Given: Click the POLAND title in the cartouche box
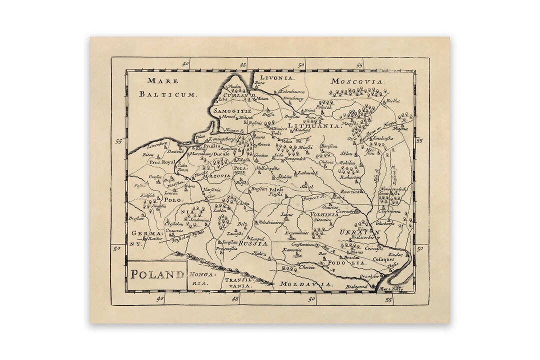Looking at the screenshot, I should pyautogui.click(x=156, y=274).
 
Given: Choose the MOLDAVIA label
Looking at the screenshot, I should pyautogui.click(x=306, y=284).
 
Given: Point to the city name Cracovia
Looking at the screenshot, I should pyautogui.click(x=174, y=230).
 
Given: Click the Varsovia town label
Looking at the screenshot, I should pyautogui.click(x=212, y=190).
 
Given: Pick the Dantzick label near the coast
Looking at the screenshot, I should pyautogui.click(x=176, y=150).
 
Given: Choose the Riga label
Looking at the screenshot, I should pyautogui.click(x=259, y=83).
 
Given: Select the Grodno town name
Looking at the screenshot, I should pyautogui.click(x=261, y=155).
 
